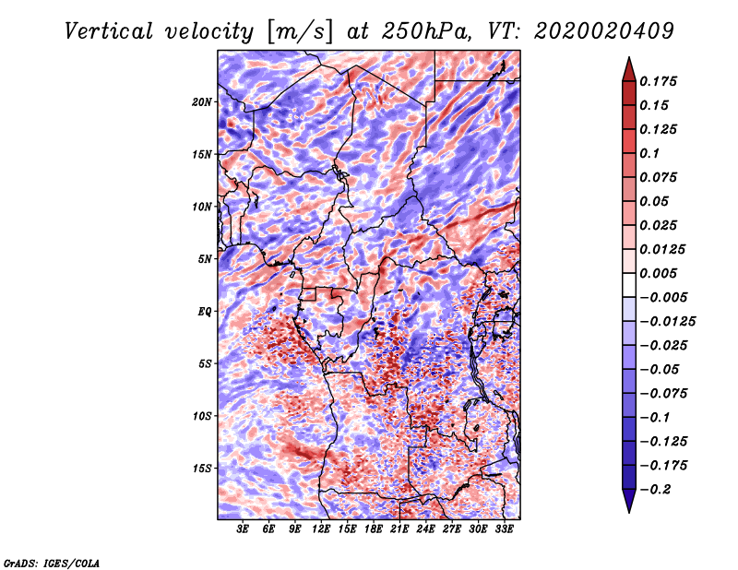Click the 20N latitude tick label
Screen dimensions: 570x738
coord(202,101)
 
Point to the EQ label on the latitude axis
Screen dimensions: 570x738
coord(205,312)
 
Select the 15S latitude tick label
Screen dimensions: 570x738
coord(202,469)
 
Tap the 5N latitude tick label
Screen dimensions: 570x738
coord(205,259)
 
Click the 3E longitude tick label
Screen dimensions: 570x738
coord(244,529)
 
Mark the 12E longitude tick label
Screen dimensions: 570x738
coord(322,529)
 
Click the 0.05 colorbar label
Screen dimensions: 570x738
coord(656,202)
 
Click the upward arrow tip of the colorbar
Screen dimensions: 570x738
coord(627,60)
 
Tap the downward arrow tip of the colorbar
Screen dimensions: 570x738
coord(627,510)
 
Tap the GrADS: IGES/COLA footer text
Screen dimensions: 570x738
coord(52,562)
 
